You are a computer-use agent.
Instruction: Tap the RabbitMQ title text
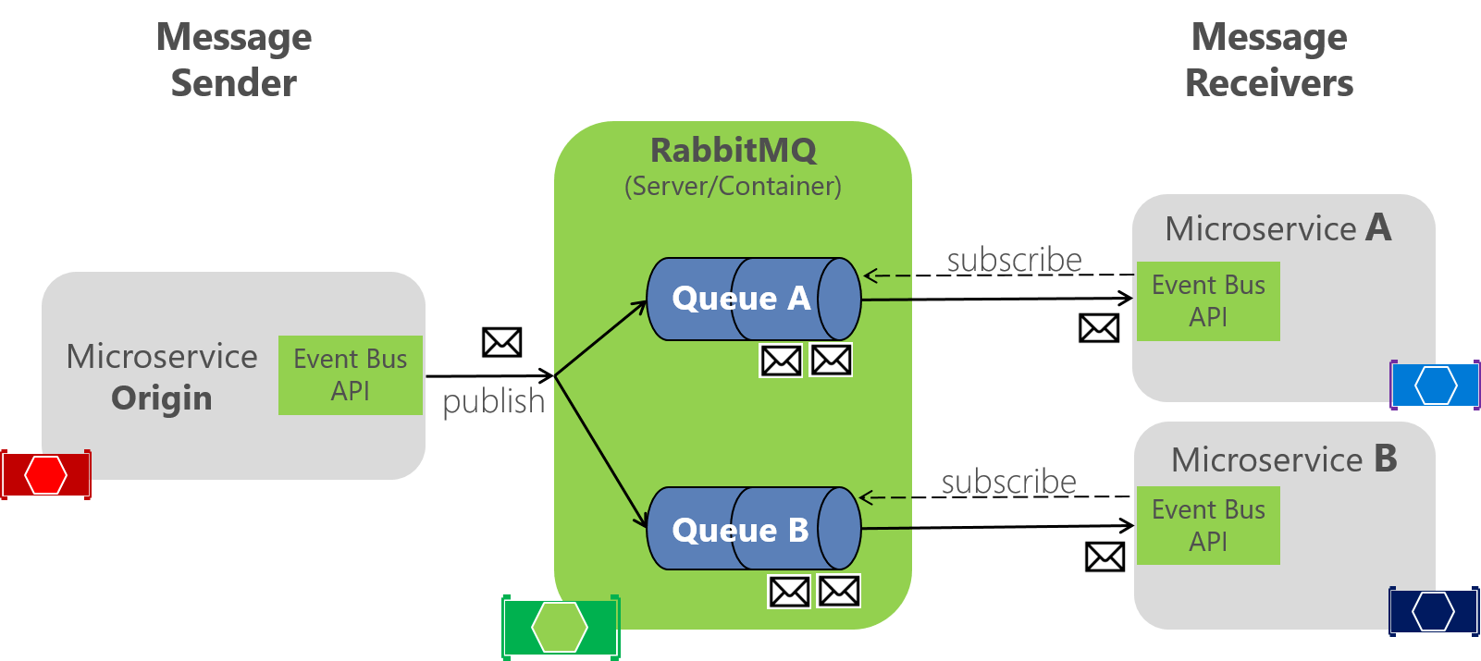733,150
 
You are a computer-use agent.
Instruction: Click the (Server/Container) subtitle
733,187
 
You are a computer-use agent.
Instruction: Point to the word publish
493,402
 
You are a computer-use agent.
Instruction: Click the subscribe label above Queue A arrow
1014,260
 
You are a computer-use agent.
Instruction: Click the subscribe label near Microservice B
1008,482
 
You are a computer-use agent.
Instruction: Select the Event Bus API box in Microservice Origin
351,375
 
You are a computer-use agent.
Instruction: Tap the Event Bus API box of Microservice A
1208,301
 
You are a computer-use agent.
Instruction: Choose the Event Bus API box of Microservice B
1208,525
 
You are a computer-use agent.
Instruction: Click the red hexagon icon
45,475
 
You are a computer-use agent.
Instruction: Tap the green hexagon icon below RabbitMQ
560,627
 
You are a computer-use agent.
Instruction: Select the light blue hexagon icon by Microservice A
1436,386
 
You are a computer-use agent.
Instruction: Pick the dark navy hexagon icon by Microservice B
1434,611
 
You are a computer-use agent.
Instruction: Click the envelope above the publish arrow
502,342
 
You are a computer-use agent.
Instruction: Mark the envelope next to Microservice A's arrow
1099,328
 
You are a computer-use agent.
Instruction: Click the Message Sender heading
234,60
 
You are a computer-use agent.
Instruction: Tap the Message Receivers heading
1269,60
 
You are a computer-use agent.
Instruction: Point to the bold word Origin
162,398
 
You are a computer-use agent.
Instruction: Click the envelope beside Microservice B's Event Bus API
1105,557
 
